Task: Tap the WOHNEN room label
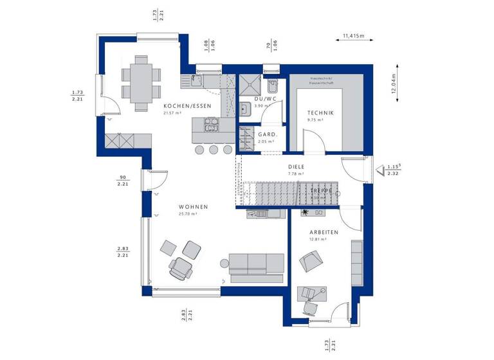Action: coord(193,206)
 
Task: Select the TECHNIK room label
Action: coord(320,112)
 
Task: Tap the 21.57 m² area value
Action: coord(172,113)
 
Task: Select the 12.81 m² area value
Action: coord(318,239)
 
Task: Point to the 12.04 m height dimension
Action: coord(394,82)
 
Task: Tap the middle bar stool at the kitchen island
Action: coord(213,149)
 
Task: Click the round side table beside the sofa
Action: coord(223,262)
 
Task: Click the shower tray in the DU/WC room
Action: coord(248,84)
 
